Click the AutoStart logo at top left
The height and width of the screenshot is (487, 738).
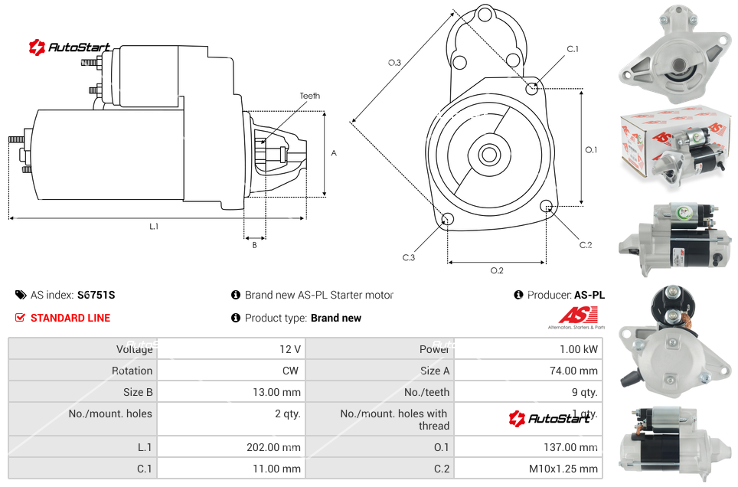70,47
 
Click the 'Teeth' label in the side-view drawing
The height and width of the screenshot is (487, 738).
309,96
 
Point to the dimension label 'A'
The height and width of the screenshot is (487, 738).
333,153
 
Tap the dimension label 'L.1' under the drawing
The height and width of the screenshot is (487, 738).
154,226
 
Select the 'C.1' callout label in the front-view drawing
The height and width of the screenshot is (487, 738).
572,49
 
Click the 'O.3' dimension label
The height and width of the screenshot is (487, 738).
394,63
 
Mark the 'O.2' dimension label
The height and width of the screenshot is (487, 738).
496,270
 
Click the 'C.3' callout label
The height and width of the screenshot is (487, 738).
409,257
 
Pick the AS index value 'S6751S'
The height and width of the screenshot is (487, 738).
96,295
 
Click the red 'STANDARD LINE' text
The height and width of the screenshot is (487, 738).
70,318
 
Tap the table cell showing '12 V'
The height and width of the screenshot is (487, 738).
290,349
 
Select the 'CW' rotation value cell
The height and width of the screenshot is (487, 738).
292,371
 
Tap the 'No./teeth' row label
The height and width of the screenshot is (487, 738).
426,392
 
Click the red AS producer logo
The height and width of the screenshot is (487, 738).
577,315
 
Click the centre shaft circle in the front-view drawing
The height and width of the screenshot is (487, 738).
488,155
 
